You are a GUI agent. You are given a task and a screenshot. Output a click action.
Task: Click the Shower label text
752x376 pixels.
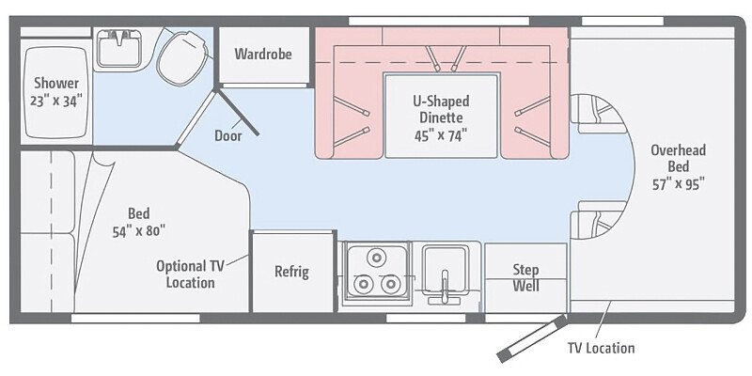55,83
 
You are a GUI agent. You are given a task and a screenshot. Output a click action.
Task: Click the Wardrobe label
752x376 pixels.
263,54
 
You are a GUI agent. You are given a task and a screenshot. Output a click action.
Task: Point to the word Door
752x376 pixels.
227,135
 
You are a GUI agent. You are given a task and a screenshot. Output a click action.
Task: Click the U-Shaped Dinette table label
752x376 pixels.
441,109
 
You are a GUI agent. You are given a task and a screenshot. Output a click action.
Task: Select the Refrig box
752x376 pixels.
291,272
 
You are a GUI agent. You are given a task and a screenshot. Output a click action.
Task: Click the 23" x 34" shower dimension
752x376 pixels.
55,101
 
